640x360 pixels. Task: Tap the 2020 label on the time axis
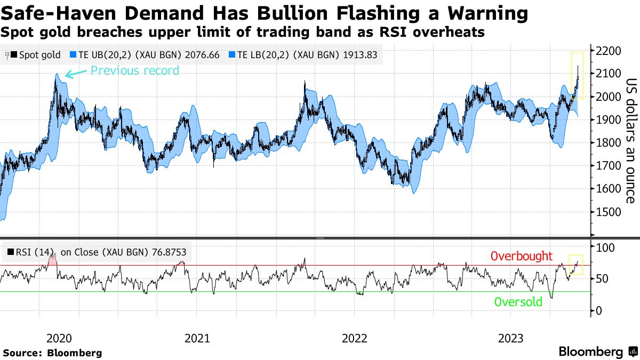pyautogui.click(x=59, y=338)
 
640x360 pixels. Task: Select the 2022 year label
pyautogui.click(x=355, y=338)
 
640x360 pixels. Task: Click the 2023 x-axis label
pyautogui.click(x=510, y=338)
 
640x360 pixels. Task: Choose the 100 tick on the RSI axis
pyautogui.click(x=606, y=247)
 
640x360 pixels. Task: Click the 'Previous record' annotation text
pyautogui.click(x=135, y=70)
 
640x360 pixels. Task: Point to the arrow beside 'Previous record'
pyautogui.click(x=76, y=74)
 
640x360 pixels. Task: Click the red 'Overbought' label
pyautogui.click(x=522, y=256)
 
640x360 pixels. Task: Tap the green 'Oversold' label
pyautogui.click(x=518, y=302)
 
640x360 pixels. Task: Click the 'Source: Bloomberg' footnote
pyautogui.click(x=52, y=353)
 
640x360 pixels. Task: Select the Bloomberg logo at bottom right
pyautogui.click(x=597, y=351)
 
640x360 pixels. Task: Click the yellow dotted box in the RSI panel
pyautogui.click(x=576, y=265)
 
